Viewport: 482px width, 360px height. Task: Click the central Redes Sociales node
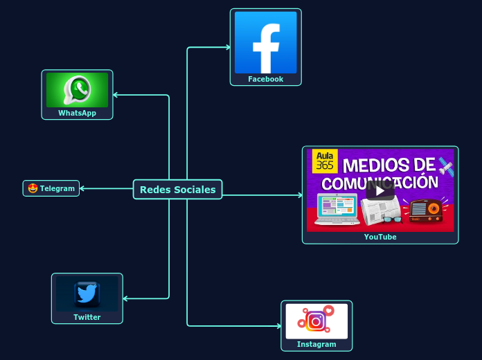177,189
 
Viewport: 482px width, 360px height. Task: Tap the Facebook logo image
265,42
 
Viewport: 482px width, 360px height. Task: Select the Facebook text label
266,79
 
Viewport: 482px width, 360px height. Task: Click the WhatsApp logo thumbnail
77,90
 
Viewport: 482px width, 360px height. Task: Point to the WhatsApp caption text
77,113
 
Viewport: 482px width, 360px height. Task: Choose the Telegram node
51,188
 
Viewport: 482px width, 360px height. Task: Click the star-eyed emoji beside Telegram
33,188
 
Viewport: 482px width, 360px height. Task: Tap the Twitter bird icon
87,294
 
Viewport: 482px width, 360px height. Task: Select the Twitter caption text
87,317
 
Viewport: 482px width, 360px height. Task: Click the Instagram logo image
316,321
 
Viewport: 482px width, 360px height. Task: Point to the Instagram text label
316,344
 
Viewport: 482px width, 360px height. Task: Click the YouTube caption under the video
380,237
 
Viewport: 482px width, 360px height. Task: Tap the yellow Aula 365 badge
324,160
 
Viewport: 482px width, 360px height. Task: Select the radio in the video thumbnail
425,210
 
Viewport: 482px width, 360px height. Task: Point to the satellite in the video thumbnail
445,166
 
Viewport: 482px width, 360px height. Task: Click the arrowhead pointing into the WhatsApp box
116,95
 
